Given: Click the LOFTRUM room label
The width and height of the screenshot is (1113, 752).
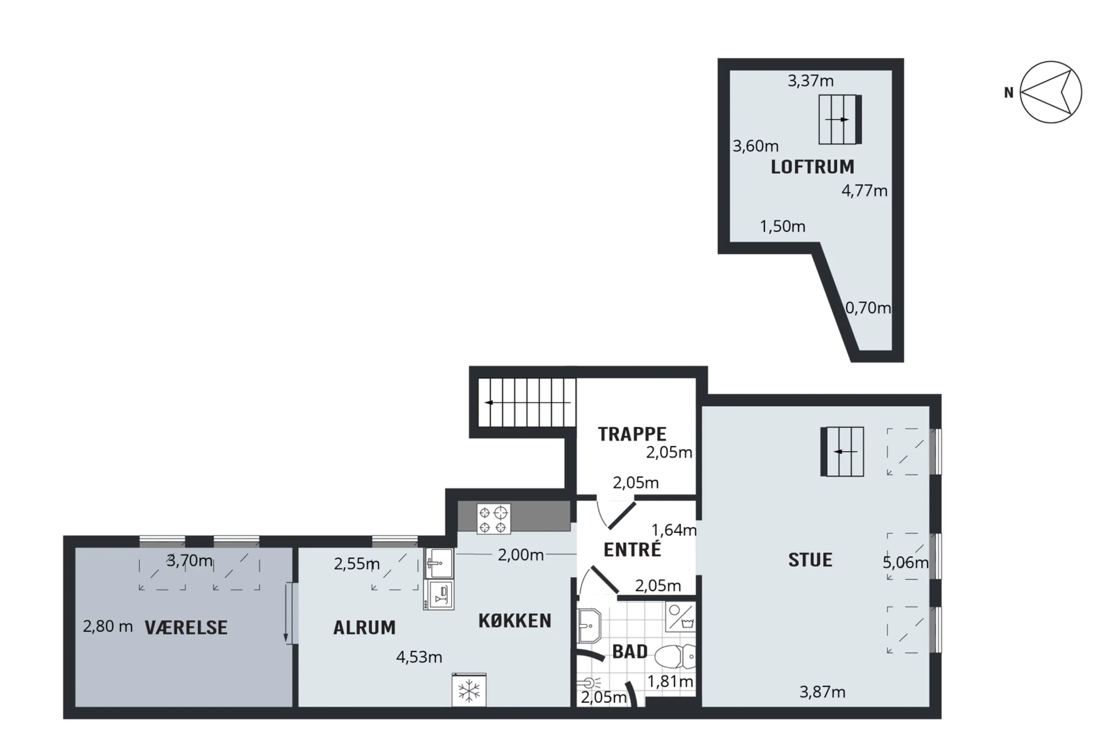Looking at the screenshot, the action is click(812, 167).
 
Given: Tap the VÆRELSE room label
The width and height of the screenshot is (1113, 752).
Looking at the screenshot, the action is click(187, 628).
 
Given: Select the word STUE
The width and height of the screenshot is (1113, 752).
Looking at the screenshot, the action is click(810, 560).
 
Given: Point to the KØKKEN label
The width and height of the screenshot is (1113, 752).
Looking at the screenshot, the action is click(515, 621).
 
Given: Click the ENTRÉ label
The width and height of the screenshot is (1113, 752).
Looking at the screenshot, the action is click(632, 549).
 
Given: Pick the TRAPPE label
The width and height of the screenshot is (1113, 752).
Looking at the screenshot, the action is click(632, 434).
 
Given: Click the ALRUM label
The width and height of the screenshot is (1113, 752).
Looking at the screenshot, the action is click(364, 628).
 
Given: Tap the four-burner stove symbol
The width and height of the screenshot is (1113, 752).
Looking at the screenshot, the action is click(494, 519).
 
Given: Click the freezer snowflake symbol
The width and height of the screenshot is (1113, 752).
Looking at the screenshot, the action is click(469, 690).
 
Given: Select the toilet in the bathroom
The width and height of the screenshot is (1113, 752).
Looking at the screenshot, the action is click(675, 656).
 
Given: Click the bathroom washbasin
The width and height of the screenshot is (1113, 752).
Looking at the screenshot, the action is click(590, 626).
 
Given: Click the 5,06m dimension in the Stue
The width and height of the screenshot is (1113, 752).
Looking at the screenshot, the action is click(906, 563).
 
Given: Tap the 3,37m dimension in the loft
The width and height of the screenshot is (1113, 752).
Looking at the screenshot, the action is click(811, 81).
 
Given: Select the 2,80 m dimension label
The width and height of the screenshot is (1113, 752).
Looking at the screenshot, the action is click(108, 626).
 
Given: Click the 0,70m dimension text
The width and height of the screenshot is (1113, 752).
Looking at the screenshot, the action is click(868, 308).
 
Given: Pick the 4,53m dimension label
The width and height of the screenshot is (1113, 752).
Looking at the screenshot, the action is click(419, 657).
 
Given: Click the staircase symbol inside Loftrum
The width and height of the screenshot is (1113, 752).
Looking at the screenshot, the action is click(840, 119).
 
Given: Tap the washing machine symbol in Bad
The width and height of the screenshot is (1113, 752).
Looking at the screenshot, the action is click(680, 616).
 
